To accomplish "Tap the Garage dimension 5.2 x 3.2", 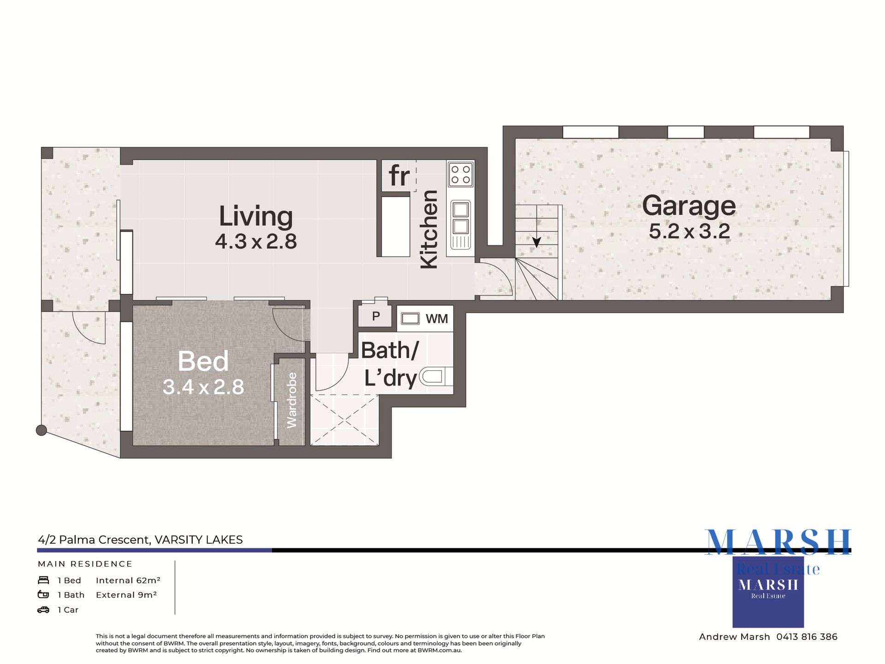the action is pyautogui.click(x=689, y=231).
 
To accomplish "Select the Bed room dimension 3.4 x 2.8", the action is pyautogui.click(x=203, y=387).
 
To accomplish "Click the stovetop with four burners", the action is pyautogui.click(x=460, y=174).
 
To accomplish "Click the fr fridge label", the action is pyautogui.click(x=399, y=176).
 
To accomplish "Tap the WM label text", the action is pyautogui.click(x=437, y=319).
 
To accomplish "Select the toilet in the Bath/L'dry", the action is pyautogui.click(x=436, y=377).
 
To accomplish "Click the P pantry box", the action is pyautogui.click(x=376, y=316).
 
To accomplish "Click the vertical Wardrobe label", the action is pyautogui.click(x=292, y=400).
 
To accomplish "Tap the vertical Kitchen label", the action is pyautogui.click(x=429, y=229).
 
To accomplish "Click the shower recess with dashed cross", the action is pyautogui.click(x=344, y=420).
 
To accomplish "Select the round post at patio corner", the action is pyautogui.click(x=41, y=430).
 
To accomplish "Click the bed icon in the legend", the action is pyautogui.click(x=43, y=580).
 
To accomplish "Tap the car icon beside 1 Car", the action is pyautogui.click(x=43, y=610).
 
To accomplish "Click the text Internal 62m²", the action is pyautogui.click(x=128, y=580).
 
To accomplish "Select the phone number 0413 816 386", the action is pyautogui.click(x=807, y=637).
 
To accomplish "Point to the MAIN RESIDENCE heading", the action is pyautogui.click(x=85, y=564).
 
